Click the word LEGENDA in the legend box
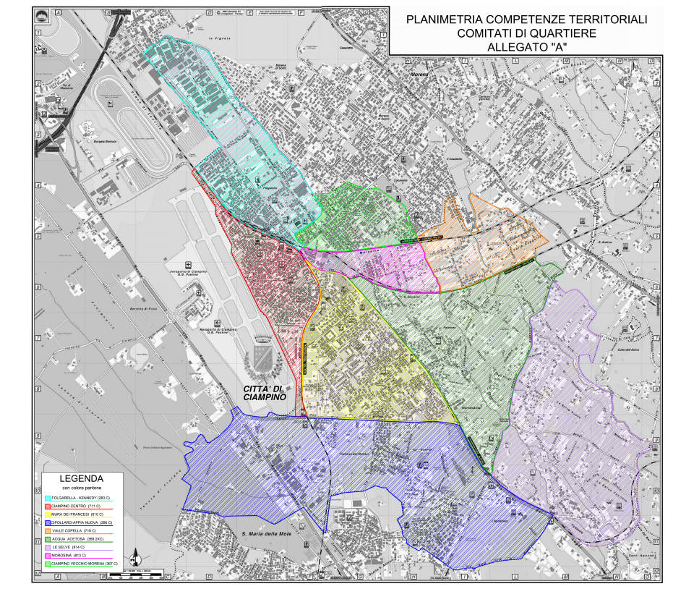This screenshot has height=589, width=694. pyautogui.click(x=81, y=479)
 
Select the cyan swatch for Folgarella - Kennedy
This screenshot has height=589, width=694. pyautogui.click(x=48, y=499)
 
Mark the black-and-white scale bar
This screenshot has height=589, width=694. pyautogui.click(x=154, y=572)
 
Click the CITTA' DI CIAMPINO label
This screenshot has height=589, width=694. pyautogui.click(x=261, y=394)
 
